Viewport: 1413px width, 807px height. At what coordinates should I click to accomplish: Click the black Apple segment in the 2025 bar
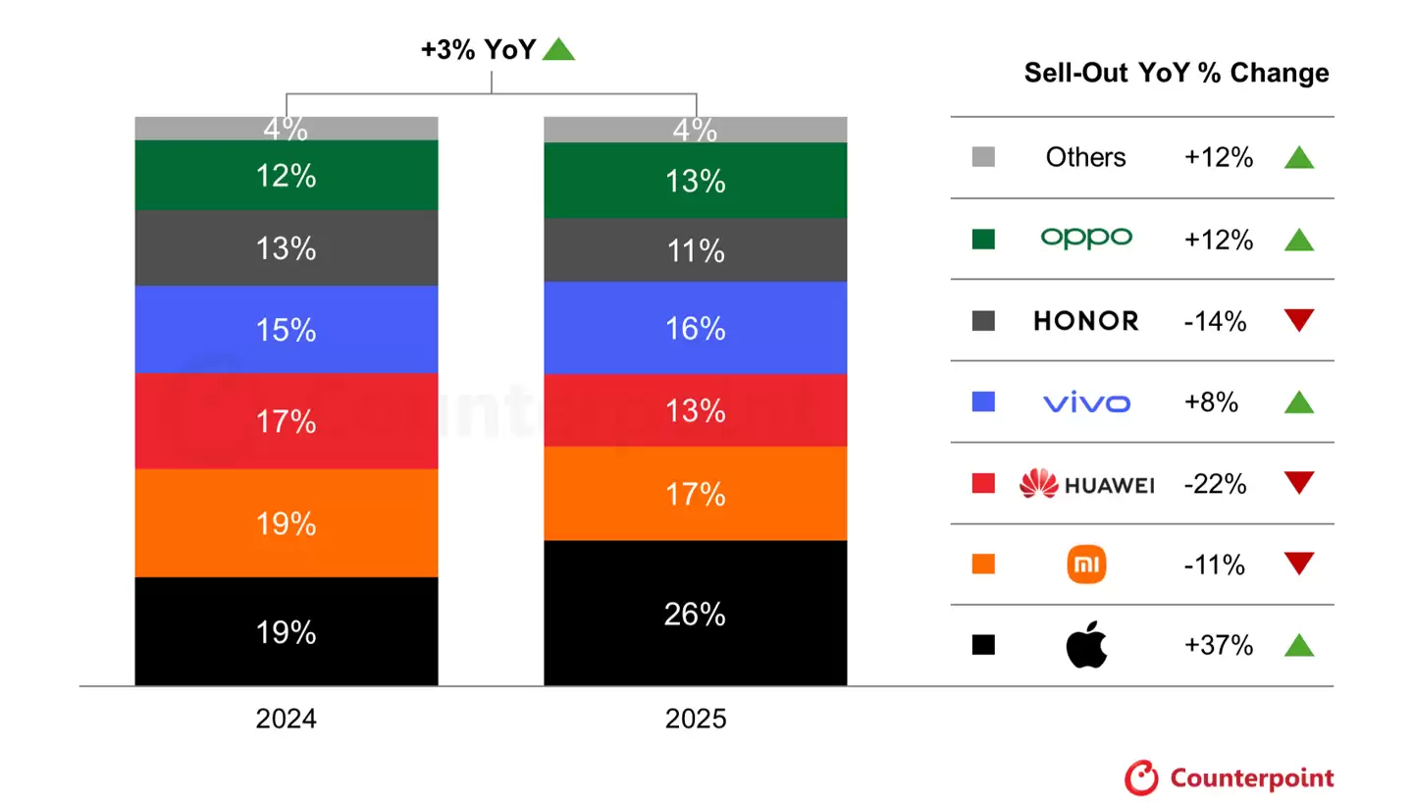click(695, 648)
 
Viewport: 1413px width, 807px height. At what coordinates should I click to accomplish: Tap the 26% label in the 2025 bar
click(695, 615)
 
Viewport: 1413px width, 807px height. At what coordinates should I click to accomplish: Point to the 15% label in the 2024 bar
click(286, 330)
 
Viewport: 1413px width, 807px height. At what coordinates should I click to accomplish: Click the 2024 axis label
click(286, 719)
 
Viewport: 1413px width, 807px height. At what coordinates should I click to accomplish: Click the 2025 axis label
click(695, 719)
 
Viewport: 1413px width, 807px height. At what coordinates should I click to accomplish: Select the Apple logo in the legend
click(1086, 646)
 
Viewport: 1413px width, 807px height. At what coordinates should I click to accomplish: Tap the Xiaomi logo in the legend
click(1086, 565)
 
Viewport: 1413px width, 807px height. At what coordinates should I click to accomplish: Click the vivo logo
click(1086, 403)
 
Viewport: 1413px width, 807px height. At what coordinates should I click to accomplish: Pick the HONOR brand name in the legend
click(1086, 321)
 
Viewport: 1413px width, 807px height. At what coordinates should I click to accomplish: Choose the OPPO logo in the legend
click(1086, 239)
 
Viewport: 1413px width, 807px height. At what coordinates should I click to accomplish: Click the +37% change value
click(1218, 646)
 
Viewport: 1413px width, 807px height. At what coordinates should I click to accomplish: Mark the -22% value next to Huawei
click(1215, 484)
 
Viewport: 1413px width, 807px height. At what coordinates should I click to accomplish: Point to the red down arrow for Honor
click(1298, 321)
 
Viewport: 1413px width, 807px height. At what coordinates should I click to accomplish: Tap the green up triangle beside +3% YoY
click(558, 49)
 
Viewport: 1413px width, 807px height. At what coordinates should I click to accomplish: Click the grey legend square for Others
click(983, 157)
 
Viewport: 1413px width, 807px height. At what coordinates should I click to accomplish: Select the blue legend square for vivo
click(983, 402)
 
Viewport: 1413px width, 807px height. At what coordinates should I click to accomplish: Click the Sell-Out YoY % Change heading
click(1177, 74)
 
